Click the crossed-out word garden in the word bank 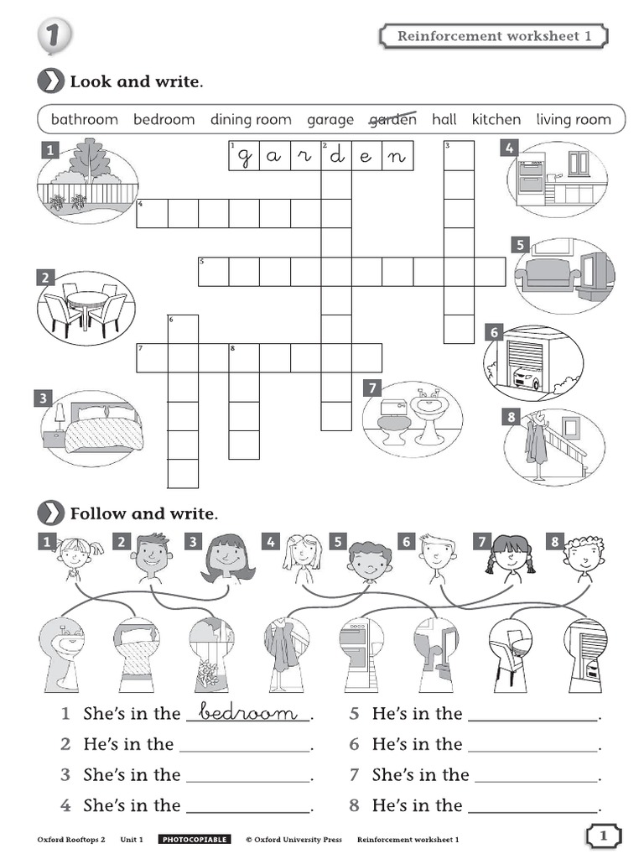click(x=392, y=119)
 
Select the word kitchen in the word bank click(x=496, y=119)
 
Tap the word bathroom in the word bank click(x=84, y=119)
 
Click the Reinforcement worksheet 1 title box click(x=494, y=36)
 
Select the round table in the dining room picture click(x=86, y=299)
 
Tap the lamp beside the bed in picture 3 click(x=60, y=415)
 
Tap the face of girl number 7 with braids click(x=509, y=554)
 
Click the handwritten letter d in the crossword click(x=336, y=156)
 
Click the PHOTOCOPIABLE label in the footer click(x=195, y=839)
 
